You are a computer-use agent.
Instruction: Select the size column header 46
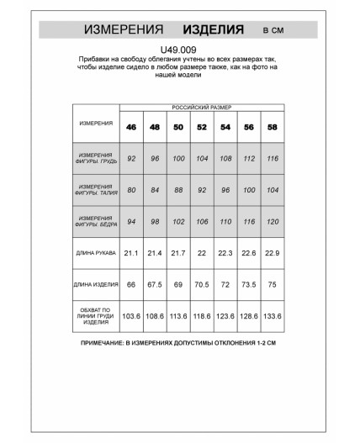131,128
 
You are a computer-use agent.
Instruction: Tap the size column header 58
272,128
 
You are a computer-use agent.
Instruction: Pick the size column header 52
201,128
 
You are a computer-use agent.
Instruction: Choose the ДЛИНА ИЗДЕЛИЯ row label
96,285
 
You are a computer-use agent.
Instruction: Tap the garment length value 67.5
155,285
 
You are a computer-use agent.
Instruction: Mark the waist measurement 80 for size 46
131,190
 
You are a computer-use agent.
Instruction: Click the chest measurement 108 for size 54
225,158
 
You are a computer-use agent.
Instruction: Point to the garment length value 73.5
248,285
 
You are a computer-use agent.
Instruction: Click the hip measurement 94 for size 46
131,222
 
